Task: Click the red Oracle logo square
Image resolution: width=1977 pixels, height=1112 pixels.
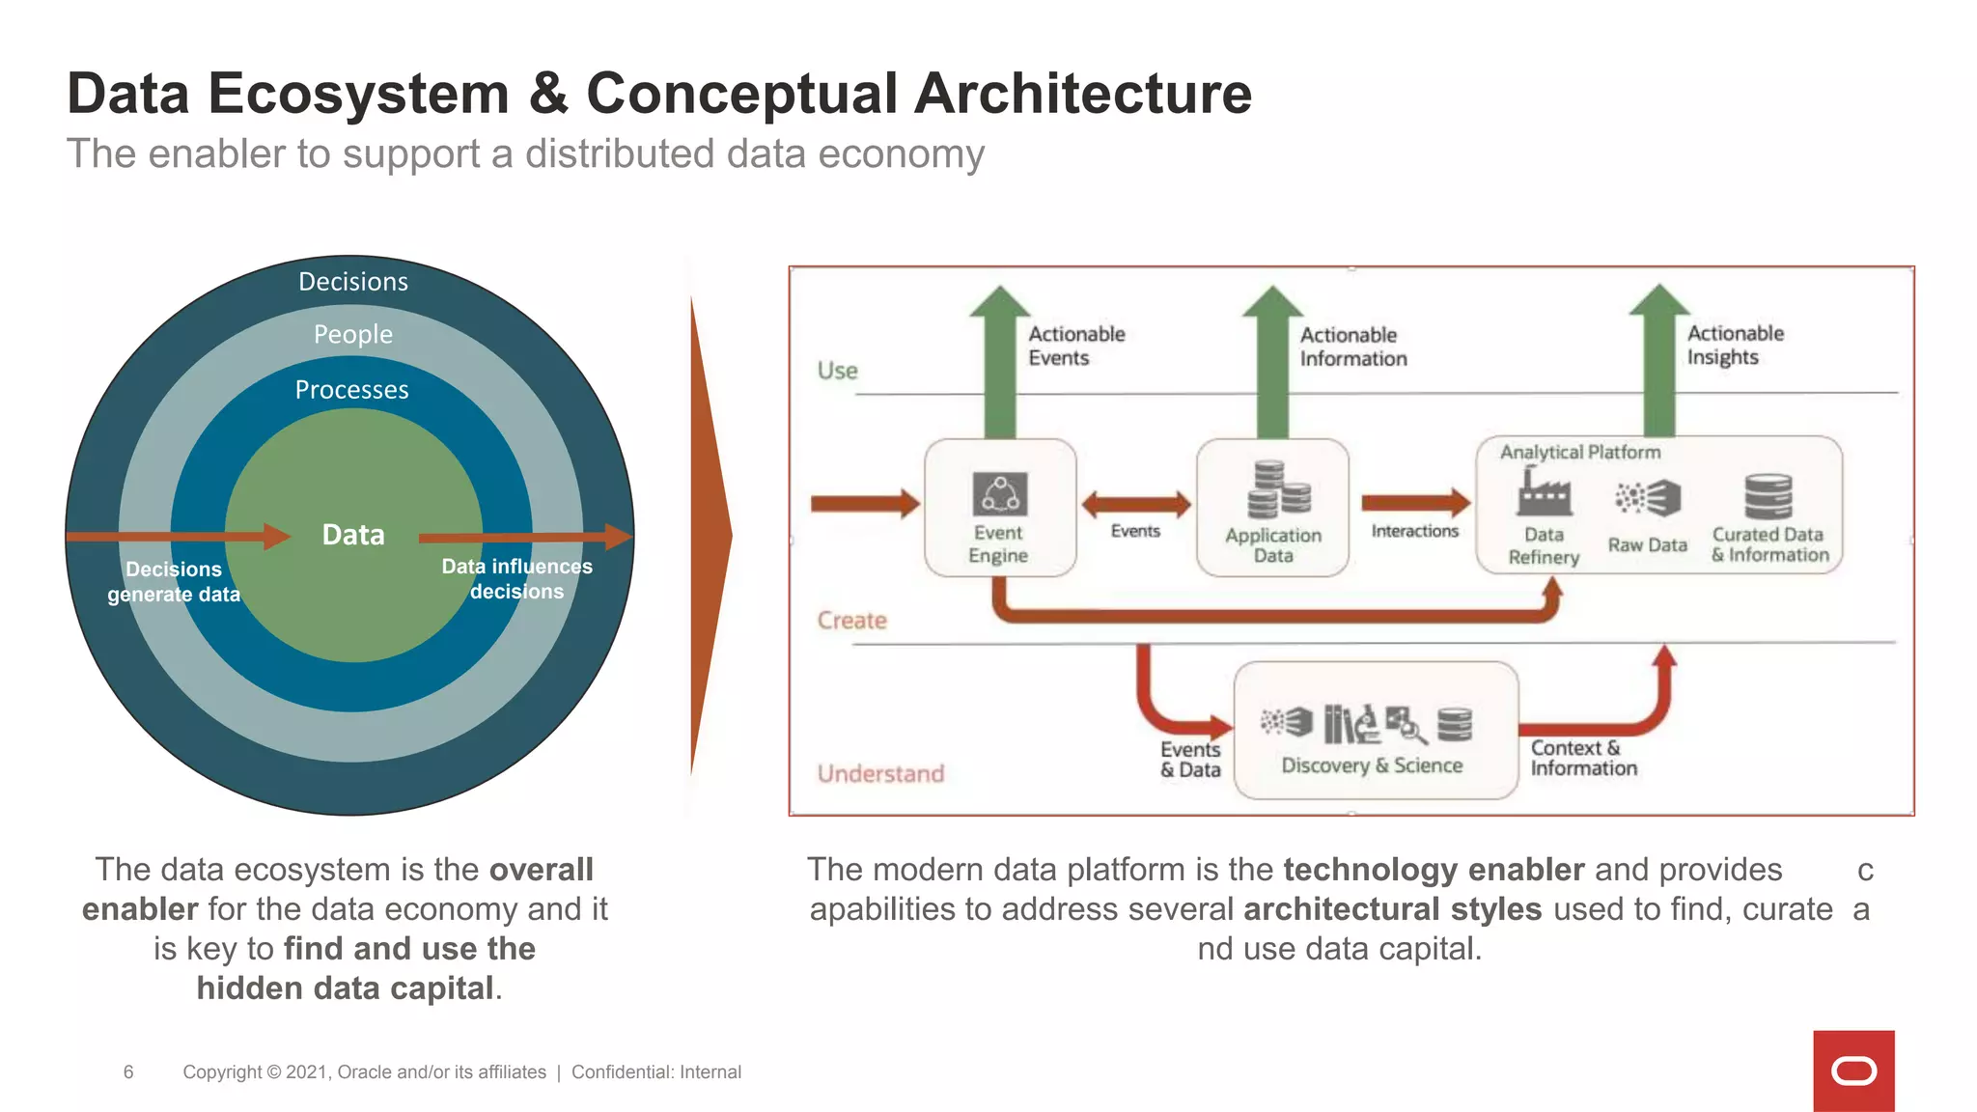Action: (x=1852, y=1070)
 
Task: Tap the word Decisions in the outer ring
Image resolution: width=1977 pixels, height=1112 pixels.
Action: (x=352, y=282)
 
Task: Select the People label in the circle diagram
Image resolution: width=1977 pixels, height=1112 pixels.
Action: (x=352, y=334)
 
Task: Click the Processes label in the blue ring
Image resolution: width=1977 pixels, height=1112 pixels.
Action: (x=351, y=390)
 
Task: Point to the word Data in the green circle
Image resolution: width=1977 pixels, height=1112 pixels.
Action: (x=352, y=535)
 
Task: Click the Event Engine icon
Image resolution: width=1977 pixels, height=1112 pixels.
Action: (x=999, y=495)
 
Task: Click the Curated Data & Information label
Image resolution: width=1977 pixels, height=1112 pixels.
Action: (x=1769, y=544)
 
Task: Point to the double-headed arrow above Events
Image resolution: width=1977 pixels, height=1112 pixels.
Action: (x=1135, y=504)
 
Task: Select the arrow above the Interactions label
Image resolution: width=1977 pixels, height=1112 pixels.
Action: (x=1414, y=502)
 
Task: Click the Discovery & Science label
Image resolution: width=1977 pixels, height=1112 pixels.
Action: (x=1371, y=765)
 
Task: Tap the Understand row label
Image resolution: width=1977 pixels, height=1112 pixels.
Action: (x=880, y=773)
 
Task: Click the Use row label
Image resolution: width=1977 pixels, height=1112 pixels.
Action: (x=837, y=371)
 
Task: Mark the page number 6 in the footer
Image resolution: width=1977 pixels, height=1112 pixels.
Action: (x=128, y=1071)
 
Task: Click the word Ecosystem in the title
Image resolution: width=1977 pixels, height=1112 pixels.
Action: (x=358, y=94)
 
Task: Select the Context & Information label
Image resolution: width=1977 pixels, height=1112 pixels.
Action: (x=1583, y=759)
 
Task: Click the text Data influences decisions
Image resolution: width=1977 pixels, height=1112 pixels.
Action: (x=516, y=579)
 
